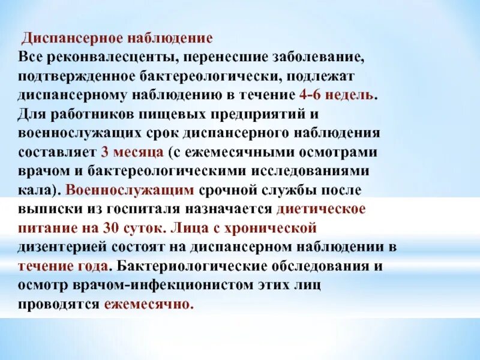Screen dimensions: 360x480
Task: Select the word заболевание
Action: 317,58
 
